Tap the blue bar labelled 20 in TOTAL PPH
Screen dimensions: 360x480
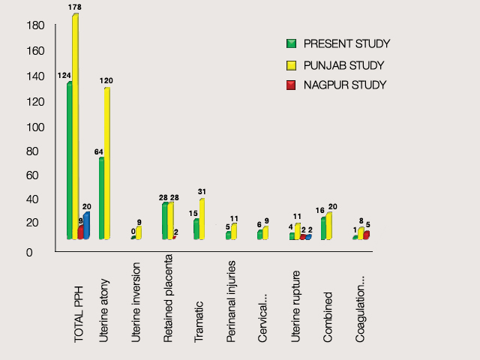(86, 226)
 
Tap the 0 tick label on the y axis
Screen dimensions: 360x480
(30, 253)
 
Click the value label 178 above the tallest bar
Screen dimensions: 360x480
(74, 7)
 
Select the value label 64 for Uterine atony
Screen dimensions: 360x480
(98, 152)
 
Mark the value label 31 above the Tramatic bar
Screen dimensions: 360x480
(202, 192)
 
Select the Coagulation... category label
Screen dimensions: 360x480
(361, 309)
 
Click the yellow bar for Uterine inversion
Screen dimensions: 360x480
(139, 232)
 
